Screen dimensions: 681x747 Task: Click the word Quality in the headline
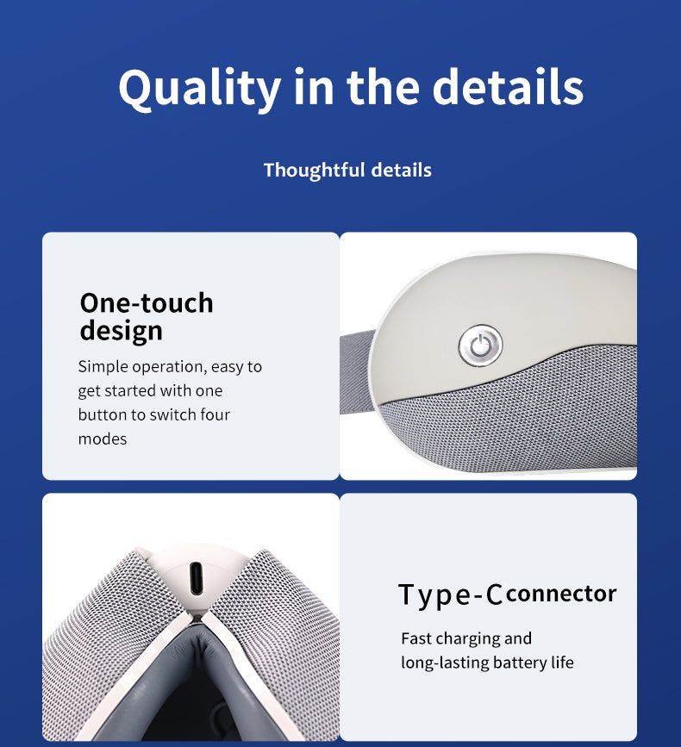pos(200,89)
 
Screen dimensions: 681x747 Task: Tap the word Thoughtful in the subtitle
pos(314,170)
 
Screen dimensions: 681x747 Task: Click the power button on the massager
pos(480,345)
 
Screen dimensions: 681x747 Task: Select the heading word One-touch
pos(147,303)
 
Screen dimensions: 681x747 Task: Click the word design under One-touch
pos(121,331)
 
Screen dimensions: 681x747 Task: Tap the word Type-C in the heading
pos(450,595)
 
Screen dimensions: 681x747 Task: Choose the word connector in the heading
pos(561,594)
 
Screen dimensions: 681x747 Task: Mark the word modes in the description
pos(103,439)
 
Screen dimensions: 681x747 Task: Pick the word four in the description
pos(215,414)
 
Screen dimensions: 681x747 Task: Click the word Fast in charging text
pos(415,638)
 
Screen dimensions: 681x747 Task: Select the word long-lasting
pos(445,663)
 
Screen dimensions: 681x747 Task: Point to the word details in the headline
pos(508,87)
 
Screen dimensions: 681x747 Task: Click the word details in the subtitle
pos(401,170)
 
